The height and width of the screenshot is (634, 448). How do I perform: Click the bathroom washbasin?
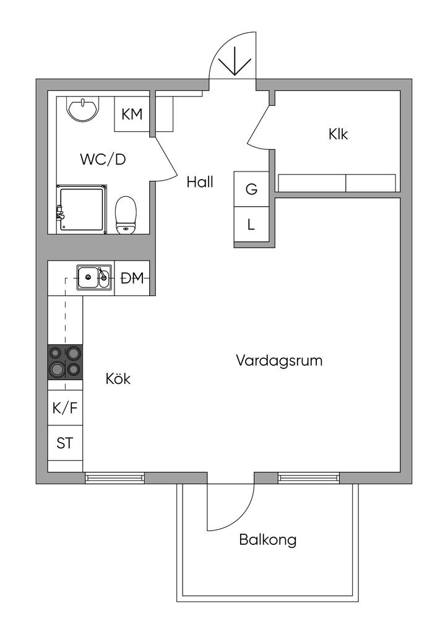click(82, 108)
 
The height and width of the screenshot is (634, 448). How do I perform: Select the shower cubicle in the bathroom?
click(82, 209)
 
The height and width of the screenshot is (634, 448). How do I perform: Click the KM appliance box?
click(132, 114)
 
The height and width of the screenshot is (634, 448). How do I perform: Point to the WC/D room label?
click(103, 159)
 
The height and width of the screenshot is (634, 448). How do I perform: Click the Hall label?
click(200, 183)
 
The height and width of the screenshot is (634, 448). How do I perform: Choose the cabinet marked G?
click(251, 189)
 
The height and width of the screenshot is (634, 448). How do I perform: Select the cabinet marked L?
click(251, 224)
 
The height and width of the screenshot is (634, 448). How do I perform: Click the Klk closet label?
click(338, 134)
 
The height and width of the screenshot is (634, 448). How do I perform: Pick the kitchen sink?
click(94, 278)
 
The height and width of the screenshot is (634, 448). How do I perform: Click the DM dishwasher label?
click(132, 278)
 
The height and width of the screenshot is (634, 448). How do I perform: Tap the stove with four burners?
click(65, 362)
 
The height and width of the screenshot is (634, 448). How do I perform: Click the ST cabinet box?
click(65, 443)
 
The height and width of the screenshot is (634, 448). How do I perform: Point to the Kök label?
click(118, 379)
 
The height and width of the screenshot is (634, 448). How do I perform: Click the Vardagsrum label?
click(279, 360)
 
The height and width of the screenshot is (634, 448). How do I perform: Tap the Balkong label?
click(268, 539)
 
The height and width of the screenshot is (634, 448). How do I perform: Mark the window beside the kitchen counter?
click(114, 478)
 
